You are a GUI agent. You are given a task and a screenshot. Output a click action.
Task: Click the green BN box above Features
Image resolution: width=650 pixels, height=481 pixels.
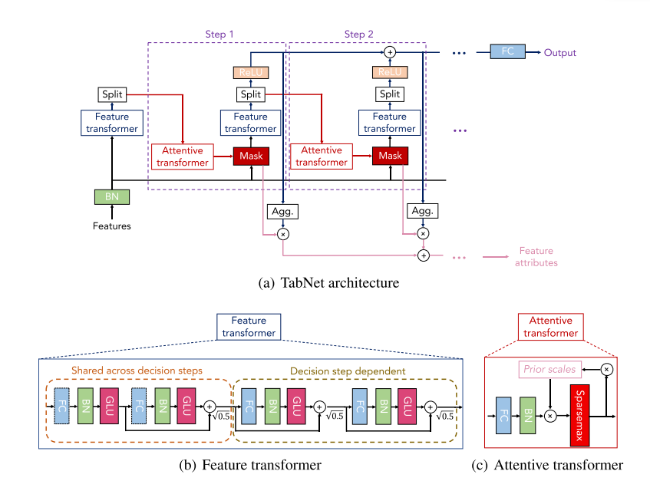pyautogui.click(x=112, y=196)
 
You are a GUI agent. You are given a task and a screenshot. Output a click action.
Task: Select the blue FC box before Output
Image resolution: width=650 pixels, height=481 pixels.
pyautogui.click(x=508, y=52)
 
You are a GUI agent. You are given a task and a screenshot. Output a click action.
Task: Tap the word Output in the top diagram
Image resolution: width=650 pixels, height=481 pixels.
pyautogui.click(x=560, y=53)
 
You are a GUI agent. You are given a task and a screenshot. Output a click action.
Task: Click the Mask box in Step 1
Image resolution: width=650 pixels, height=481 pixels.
pyautogui.click(x=251, y=156)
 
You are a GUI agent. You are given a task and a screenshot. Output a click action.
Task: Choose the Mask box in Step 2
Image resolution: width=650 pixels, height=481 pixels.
pyautogui.click(x=391, y=156)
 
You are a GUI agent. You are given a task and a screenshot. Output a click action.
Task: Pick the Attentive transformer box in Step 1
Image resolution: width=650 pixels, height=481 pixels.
pyautogui.click(x=183, y=156)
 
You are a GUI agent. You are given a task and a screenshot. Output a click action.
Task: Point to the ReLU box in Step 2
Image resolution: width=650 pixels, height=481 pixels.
pyautogui.click(x=390, y=72)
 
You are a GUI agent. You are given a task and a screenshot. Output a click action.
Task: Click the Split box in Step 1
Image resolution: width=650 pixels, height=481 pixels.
pyautogui.click(x=250, y=94)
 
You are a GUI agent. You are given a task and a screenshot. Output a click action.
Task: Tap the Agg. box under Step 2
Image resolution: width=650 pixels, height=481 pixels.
pyautogui.click(x=422, y=211)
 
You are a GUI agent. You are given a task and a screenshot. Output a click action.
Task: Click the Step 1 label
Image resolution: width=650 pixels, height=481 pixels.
pyautogui.click(x=220, y=35)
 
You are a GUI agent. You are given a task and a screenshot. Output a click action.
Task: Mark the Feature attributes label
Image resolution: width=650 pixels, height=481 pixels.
pyautogui.click(x=536, y=257)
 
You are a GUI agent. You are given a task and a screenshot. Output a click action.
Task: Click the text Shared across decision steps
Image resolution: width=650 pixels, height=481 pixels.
pyautogui.click(x=137, y=371)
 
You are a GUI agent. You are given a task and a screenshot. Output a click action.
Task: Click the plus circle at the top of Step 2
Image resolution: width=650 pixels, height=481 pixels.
pyautogui.click(x=390, y=51)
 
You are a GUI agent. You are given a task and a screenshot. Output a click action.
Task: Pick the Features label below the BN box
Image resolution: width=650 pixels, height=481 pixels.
pyautogui.click(x=112, y=226)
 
